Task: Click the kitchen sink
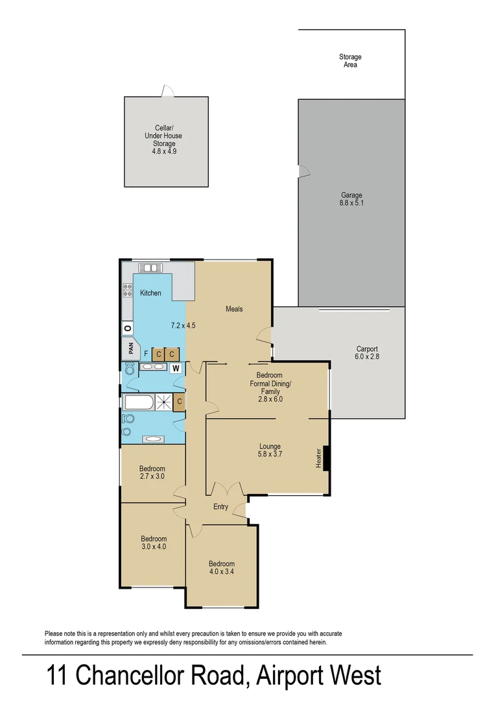tap(150, 267)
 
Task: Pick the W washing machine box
tap(175, 368)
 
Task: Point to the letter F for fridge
tap(146, 354)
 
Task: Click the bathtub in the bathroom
tap(138, 403)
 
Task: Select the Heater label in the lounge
tap(318, 458)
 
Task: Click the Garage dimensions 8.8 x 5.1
tap(352, 203)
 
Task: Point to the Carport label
tap(367, 348)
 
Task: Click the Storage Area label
tap(350, 61)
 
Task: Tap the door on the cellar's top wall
tap(167, 92)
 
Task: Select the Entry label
tap(220, 507)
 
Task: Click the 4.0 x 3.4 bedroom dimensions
tap(222, 572)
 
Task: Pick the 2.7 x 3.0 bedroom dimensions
tap(152, 476)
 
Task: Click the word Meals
tap(234, 309)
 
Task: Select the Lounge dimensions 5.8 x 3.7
tap(270, 454)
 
